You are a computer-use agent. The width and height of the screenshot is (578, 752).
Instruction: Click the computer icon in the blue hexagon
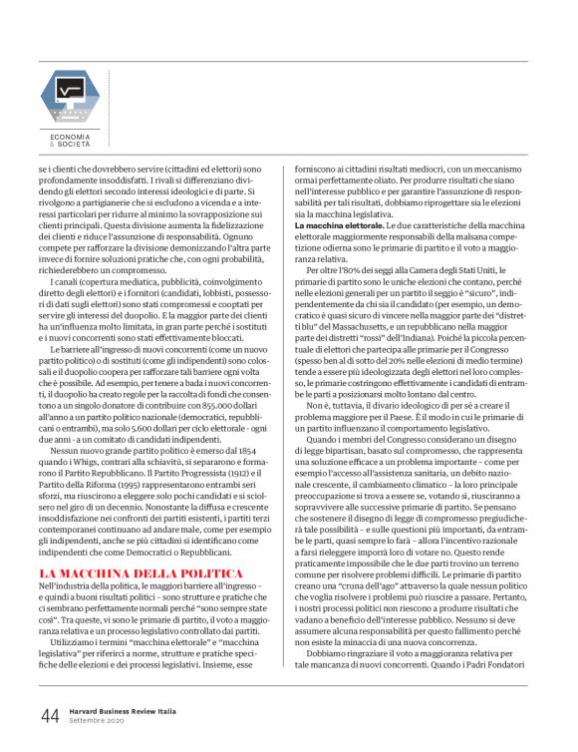pyautogui.click(x=69, y=93)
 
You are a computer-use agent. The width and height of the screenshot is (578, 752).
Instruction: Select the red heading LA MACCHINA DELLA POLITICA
pyautogui.click(x=141, y=573)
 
